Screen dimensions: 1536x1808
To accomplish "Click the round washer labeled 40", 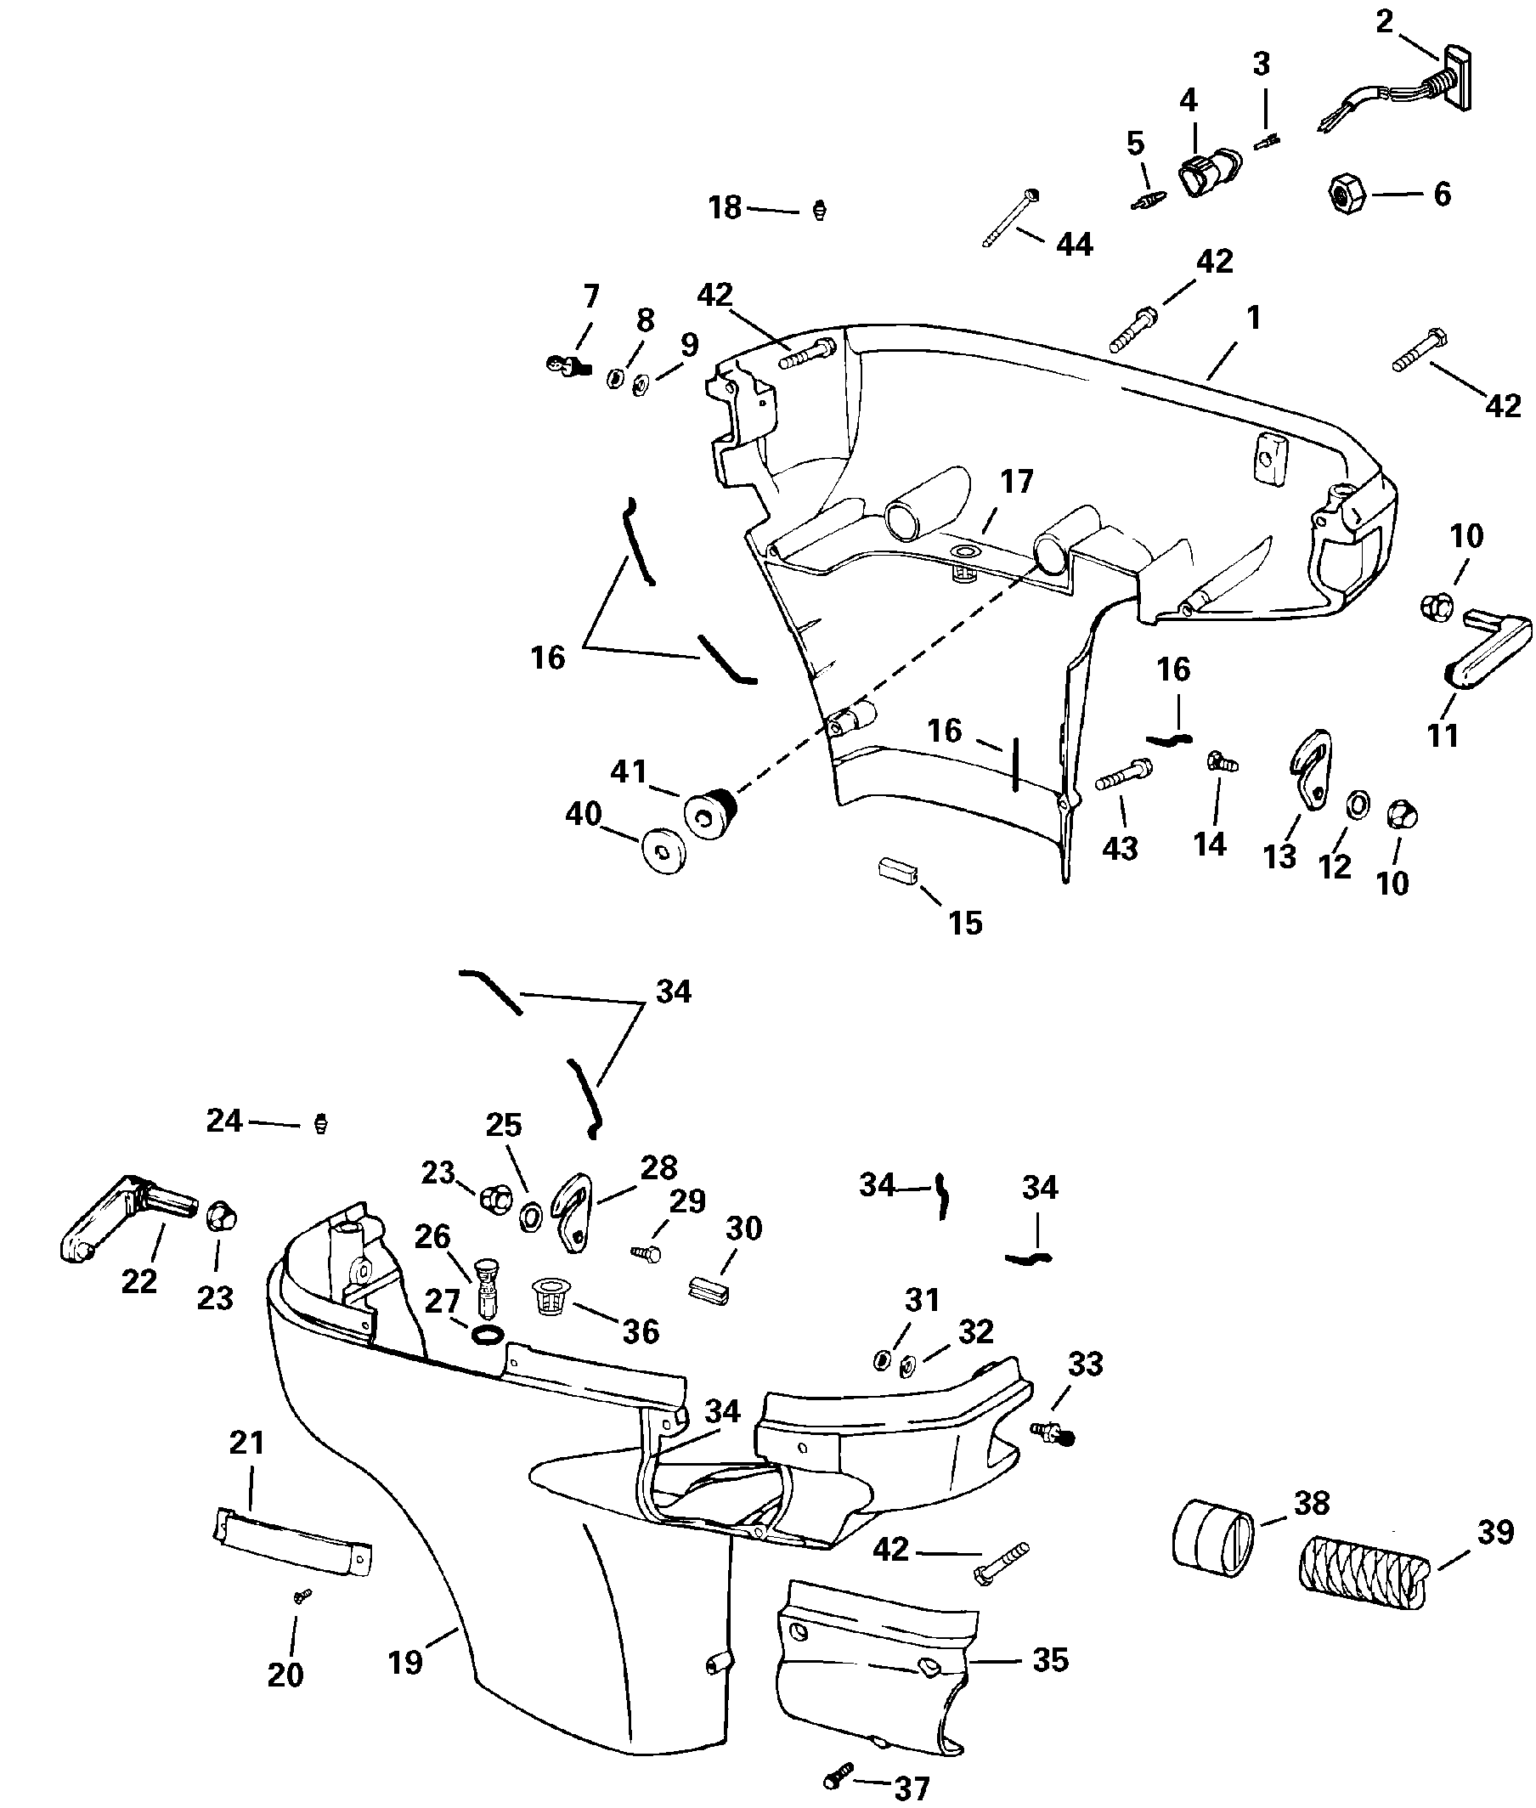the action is click(664, 849).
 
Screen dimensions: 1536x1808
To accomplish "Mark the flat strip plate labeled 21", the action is click(292, 1541).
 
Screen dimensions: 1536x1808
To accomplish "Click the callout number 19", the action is click(405, 1663).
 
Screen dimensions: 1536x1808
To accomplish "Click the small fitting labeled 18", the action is click(817, 211).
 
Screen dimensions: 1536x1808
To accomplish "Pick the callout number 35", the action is click(1050, 1660).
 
